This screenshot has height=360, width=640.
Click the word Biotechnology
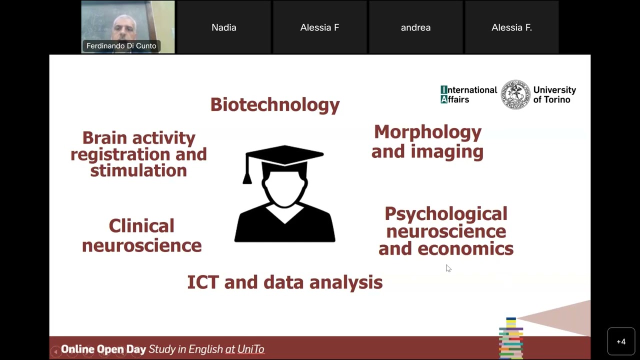point(274,104)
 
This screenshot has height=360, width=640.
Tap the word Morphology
point(427,132)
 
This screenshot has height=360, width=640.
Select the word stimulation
point(138,170)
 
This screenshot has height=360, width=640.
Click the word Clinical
point(141,226)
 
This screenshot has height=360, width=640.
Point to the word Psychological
point(445,214)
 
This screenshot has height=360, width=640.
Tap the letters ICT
point(202,282)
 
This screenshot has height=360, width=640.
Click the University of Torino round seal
point(515,94)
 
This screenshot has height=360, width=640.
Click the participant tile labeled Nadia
point(223,27)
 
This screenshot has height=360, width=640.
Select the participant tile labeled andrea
point(415,27)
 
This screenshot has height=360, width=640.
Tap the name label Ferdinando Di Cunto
point(121,46)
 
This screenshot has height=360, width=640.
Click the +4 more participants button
point(621,341)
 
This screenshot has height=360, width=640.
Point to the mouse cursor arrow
point(448,268)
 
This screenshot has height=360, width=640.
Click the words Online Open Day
point(103,349)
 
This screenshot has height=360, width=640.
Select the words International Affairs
point(468,94)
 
